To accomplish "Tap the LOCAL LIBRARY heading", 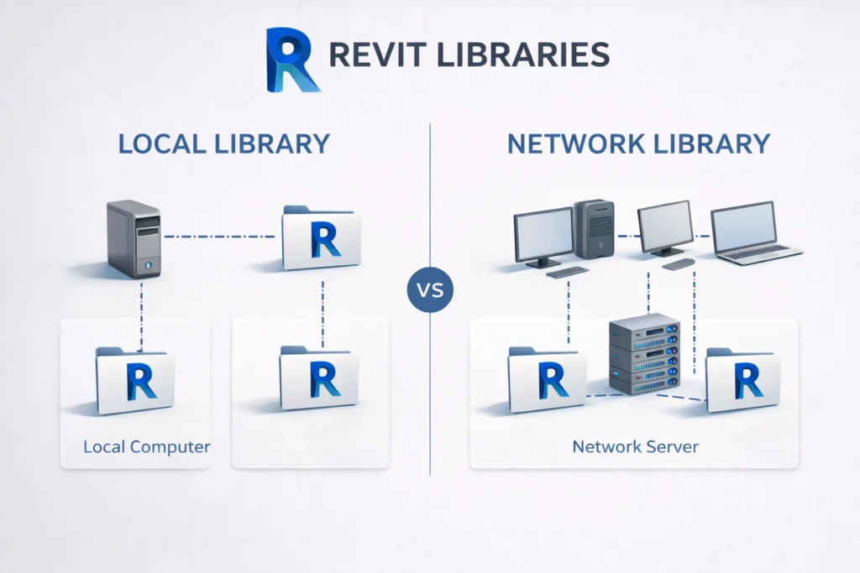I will click(x=223, y=143).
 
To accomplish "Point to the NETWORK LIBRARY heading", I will click(x=638, y=143).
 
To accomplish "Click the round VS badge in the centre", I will click(x=430, y=293).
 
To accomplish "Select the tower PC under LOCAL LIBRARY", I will click(x=134, y=239).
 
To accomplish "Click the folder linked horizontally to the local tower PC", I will click(x=322, y=238).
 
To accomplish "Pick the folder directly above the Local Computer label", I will click(x=135, y=381).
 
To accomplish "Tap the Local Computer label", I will click(x=146, y=446).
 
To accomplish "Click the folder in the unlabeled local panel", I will click(x=320, y=378).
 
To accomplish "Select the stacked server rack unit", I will click(x=643, y=354).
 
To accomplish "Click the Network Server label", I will click(x=634, y=446).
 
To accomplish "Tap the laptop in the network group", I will click(x=752, y=232).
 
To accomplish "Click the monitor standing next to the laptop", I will click(x=665, y=229).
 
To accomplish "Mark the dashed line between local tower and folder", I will click(x=219, y=237).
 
